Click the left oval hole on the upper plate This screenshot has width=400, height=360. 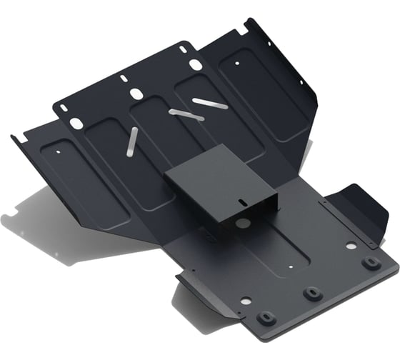pyautogui.click(x=75, y=124)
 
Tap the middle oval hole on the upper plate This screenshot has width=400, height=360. pyautogui.click(x=136, y=94)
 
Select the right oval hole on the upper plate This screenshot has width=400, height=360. pyautogui.click(x=195, y=65)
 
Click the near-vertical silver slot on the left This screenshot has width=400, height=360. pyautogui.click(x=131, y=141)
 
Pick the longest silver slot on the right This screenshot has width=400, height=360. pyautogui.click(x=210, y=103)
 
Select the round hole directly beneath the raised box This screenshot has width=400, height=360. pyautogui.click(x=243, y=223)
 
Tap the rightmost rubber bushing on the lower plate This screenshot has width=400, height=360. pyautogui.click(x=369, y=262)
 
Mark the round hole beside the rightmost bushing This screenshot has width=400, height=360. pyautogui.click(x=350, y=245)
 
